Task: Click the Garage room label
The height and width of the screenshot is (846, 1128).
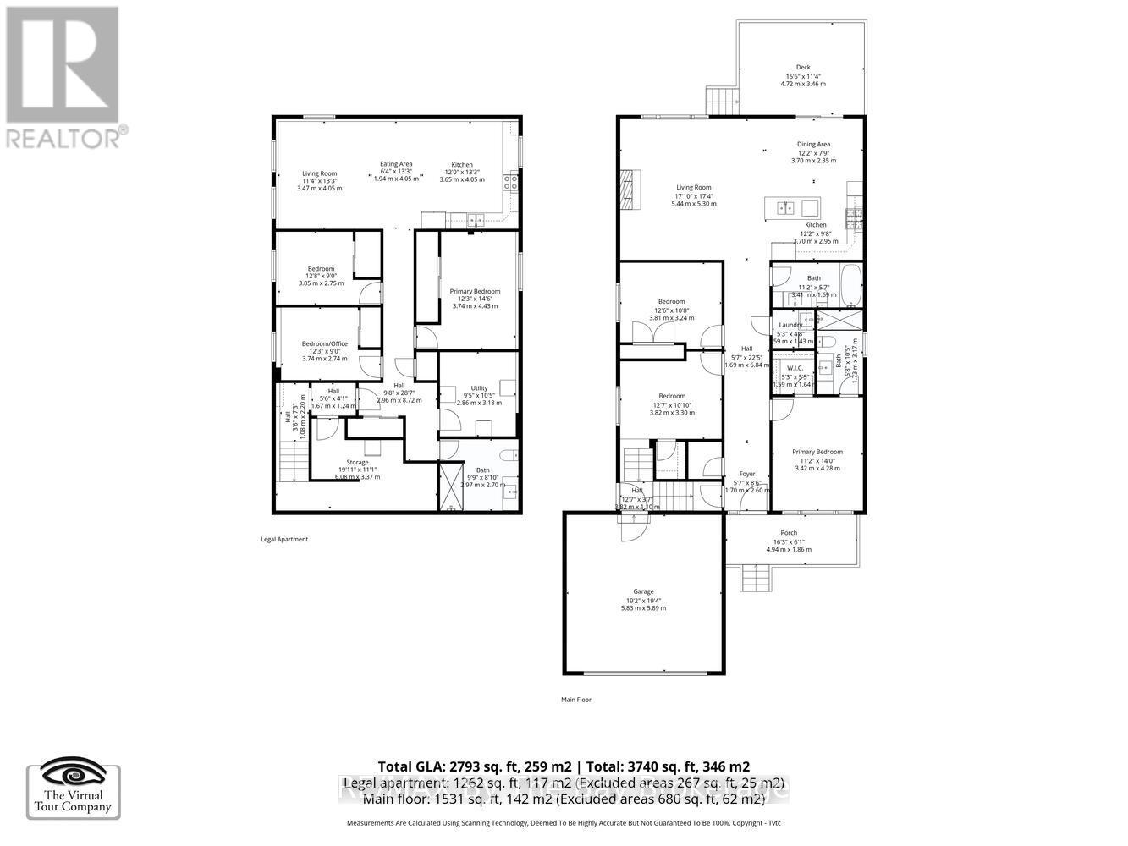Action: tap(644, 591)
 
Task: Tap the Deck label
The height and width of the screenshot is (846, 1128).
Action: tap(803, 68)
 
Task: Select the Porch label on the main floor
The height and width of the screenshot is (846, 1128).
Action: tap(789, 533)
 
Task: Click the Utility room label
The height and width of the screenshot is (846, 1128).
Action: tap(480, 388)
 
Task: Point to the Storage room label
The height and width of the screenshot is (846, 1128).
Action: tap(357, 463)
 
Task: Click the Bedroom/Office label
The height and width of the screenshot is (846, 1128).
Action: tap(325, 343)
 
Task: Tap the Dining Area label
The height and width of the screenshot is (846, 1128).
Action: tap(813, 145)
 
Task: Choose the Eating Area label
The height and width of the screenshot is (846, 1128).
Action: tap(396, 164)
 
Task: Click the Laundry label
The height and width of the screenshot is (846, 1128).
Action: tap(790, 325)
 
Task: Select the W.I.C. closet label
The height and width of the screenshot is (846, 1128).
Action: tap(794, 368)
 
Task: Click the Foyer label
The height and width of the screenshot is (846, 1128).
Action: tap(747, 474)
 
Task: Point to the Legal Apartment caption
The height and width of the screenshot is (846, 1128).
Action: tap(284, 539)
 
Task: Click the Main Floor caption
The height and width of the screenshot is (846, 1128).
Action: tap(575, 700)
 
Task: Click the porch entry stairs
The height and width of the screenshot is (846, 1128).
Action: tap(754, 580)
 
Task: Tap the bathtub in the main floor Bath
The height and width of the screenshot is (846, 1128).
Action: tap(850, 286)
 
